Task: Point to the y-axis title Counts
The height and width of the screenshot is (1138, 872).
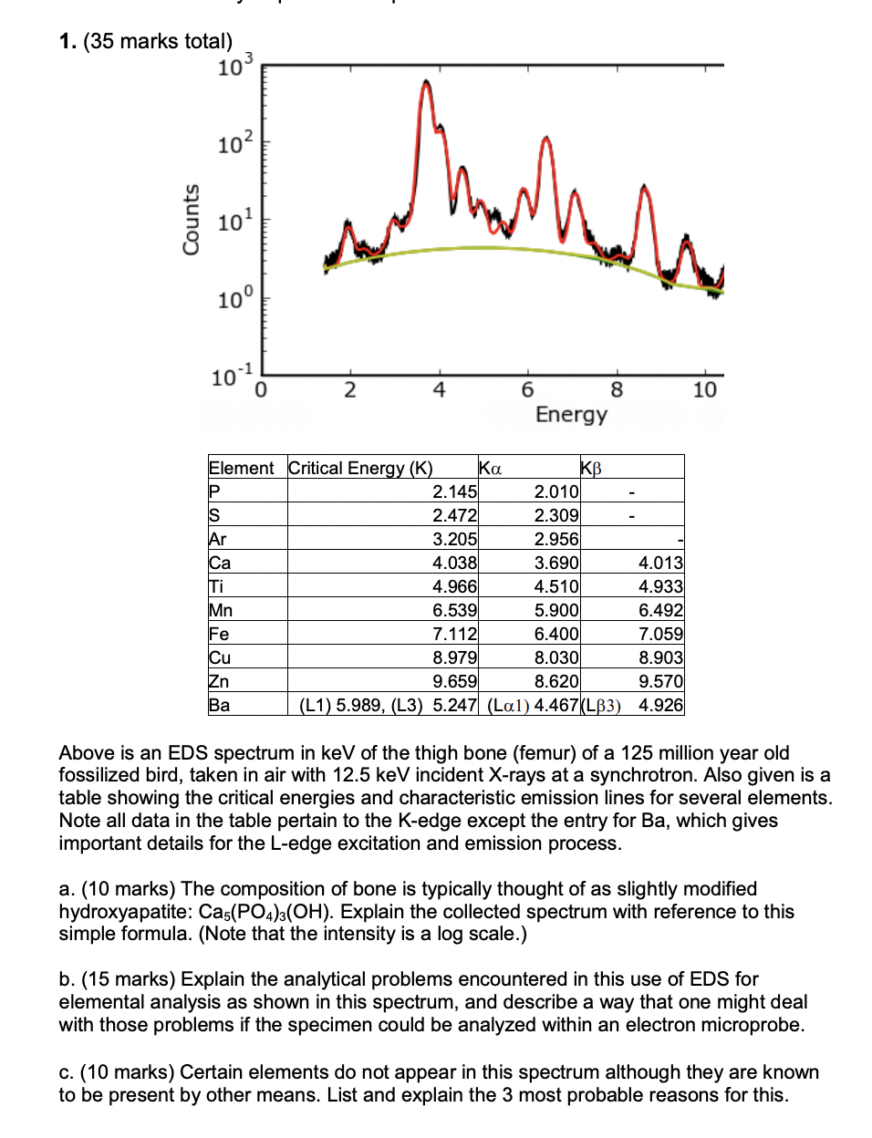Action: (x=191, y=220)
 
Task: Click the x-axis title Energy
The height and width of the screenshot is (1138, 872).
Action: (x=571, y=415)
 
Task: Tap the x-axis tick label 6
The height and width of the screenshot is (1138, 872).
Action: (x=527, y=390)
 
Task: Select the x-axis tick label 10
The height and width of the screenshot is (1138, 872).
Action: (x=704, y=390)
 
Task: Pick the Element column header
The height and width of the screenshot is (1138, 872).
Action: (x=242, y=468)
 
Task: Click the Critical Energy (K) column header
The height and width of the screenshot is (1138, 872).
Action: (x=360, y=468)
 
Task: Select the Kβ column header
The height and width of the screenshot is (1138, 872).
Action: (x=591, y=469)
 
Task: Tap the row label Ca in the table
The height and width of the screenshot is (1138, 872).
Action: (x=220, y=563)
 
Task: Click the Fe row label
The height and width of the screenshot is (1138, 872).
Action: (x=219, y=634)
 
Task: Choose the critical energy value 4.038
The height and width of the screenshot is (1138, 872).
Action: (x=454, y=563)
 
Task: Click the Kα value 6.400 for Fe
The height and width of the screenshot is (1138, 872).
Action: (x=556, y=634)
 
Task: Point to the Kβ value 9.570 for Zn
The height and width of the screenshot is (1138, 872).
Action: (x=660, y=681)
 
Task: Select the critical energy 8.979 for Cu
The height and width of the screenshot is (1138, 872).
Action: (x=454, y=657)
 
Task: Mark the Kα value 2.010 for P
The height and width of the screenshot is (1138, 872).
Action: (x=556, y=491)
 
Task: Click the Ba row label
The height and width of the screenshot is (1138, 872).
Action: (x=220, y=705)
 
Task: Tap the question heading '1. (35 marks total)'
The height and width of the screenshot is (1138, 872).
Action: (x=146, y=41)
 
